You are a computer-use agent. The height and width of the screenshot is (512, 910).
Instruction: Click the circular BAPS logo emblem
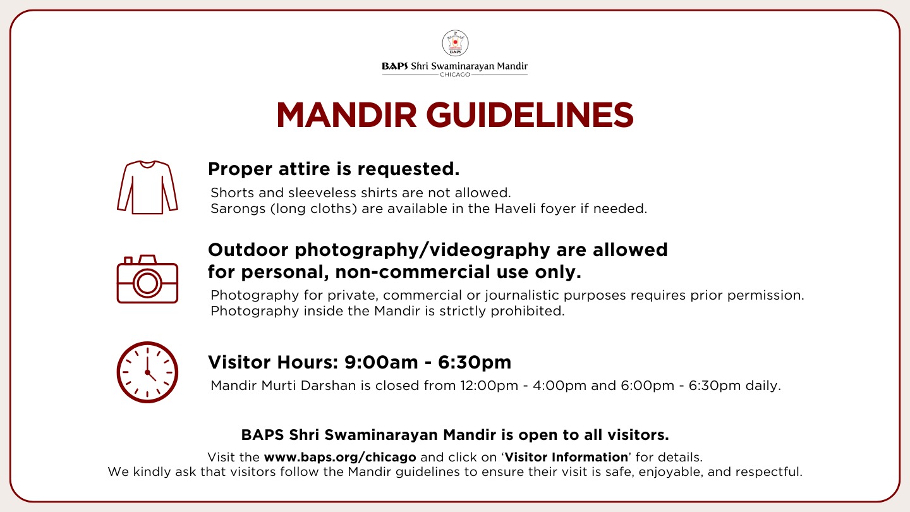click(x=455, y=43)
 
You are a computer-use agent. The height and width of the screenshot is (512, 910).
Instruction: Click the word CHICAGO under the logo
click(x=455, y=75)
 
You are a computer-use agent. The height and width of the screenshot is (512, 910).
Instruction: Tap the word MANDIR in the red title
click(x=346, y=115)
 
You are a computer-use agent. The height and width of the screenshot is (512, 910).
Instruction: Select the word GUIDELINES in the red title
click(x=530, y=115)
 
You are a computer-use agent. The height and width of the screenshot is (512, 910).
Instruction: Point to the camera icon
click(x=147, y=279)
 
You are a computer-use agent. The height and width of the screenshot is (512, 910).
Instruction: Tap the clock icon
click(x=147, y=372)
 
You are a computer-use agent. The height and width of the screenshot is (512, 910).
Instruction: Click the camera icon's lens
click(x=147, y=283)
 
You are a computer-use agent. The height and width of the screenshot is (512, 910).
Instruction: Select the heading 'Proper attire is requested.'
click(x=334, y=169)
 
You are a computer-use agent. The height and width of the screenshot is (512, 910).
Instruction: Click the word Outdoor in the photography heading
click(x=248, y=250)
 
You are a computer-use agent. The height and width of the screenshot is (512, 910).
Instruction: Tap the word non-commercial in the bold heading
click(x=412, y=272)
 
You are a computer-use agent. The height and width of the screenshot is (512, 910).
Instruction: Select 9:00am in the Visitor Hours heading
click(x=381, y=362)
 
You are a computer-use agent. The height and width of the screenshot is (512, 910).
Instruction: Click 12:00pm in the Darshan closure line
click(x=489, y=385)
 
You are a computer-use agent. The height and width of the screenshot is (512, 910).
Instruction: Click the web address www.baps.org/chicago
click(x=340, y=457)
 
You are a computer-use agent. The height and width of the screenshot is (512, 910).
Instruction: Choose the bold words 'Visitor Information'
click(x=566, y=457)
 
